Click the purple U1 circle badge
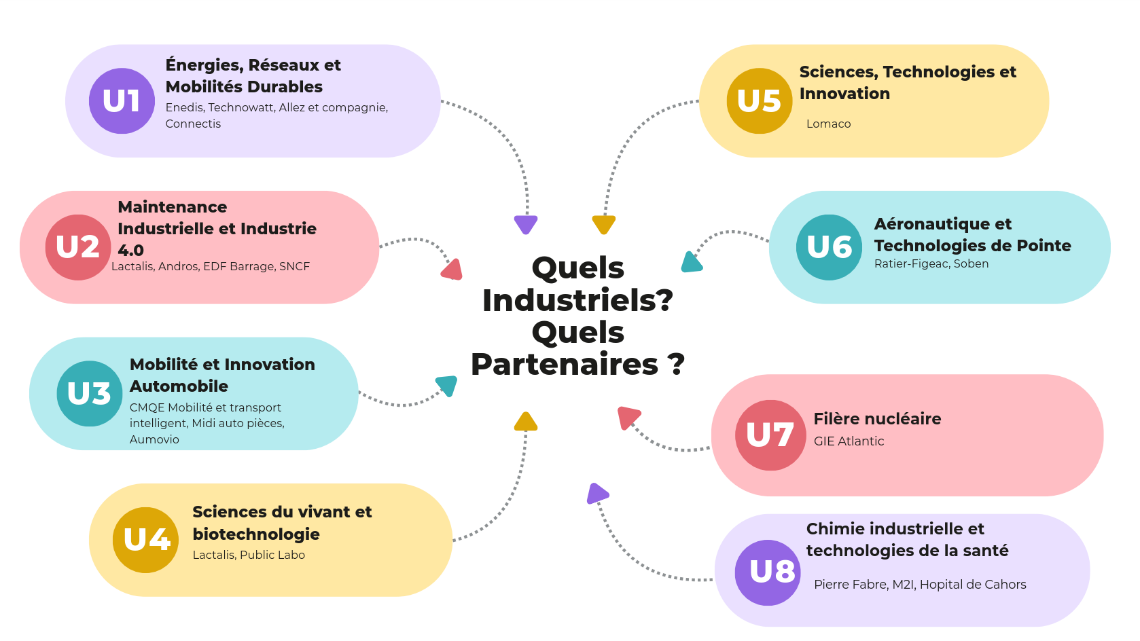(x=122, y=101)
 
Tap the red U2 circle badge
(x=78, y=247)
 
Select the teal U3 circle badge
(x=90, y=394)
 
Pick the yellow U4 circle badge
(x=146, y=541)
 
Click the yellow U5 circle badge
(x=760, y=101)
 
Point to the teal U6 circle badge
(x=829, y=247)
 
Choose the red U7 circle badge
(x=770, y=435)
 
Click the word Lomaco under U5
(x=828, y=124)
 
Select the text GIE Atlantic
(x=849, y=441)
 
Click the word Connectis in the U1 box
(x=193, y=124)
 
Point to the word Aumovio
(x=154, y=439)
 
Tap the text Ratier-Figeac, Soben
(x=931, y=263)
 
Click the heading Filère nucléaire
(x=877, y=419)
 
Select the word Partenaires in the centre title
(x=565, y=365)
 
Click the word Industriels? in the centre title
(x=577, y=300)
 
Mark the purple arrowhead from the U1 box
(x=526, y=223)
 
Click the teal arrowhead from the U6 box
(x=691, y=262)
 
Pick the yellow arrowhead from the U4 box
(x=525, y=422)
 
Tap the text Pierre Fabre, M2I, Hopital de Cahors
(x=920, y=585)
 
